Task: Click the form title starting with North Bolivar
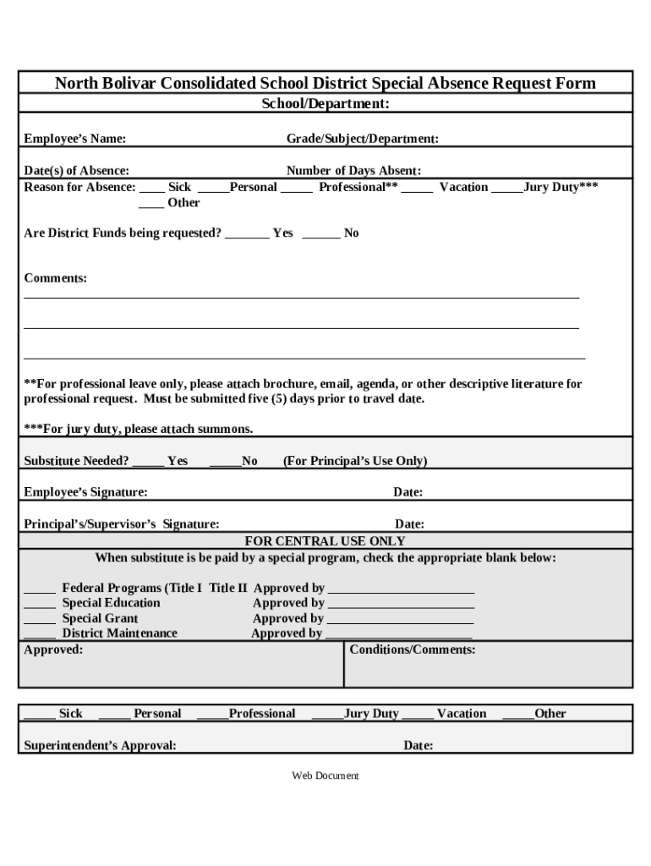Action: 325,83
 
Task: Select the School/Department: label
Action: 325,104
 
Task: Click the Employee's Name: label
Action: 75,139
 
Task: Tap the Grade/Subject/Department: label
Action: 362,139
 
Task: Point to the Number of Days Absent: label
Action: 353,171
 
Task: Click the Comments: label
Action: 55,278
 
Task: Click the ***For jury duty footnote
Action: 138,430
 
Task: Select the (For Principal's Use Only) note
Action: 354,461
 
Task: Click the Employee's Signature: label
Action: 85,492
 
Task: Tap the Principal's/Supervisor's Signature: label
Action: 122,524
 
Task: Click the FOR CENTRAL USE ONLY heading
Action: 325,541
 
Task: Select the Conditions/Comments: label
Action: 413,650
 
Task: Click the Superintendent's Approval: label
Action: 100,746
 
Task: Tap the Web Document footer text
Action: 325,776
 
